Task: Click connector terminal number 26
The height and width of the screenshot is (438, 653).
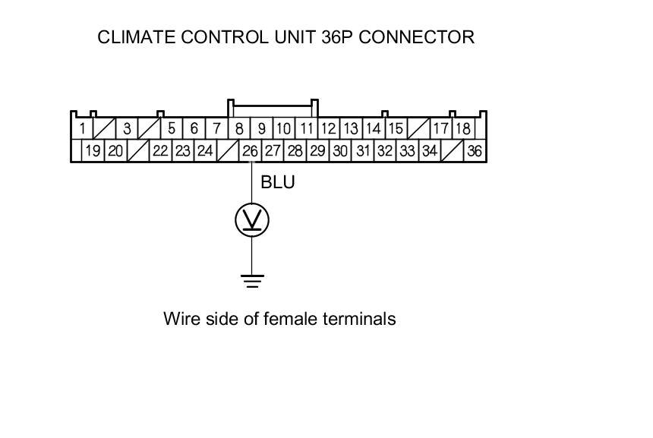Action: point(251,151)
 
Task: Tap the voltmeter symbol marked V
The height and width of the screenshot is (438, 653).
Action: point(252,219)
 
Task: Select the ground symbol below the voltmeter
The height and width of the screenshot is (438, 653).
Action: point(252,281)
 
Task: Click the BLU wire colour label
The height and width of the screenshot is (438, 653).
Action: point(277,183)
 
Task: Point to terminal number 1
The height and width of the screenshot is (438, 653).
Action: point(81,129)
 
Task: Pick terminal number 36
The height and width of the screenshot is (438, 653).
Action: point(475,151)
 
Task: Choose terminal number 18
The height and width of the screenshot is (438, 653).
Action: point(462,129)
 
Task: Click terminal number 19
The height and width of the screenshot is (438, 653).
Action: point(93,151)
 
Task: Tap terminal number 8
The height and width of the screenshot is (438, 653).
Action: point(239,129)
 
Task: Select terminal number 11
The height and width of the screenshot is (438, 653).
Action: point(306,129)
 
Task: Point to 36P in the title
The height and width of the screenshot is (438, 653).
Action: point(331,37)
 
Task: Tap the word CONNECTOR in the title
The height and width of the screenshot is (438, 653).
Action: point(417,37)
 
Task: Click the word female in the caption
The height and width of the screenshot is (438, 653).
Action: point(289,319)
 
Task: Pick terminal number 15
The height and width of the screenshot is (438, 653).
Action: point(396,129)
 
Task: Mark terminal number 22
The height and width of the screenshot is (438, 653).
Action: point(160,151)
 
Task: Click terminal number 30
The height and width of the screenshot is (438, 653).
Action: point(340,151)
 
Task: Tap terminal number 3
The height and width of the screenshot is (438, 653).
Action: point(127,129)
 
